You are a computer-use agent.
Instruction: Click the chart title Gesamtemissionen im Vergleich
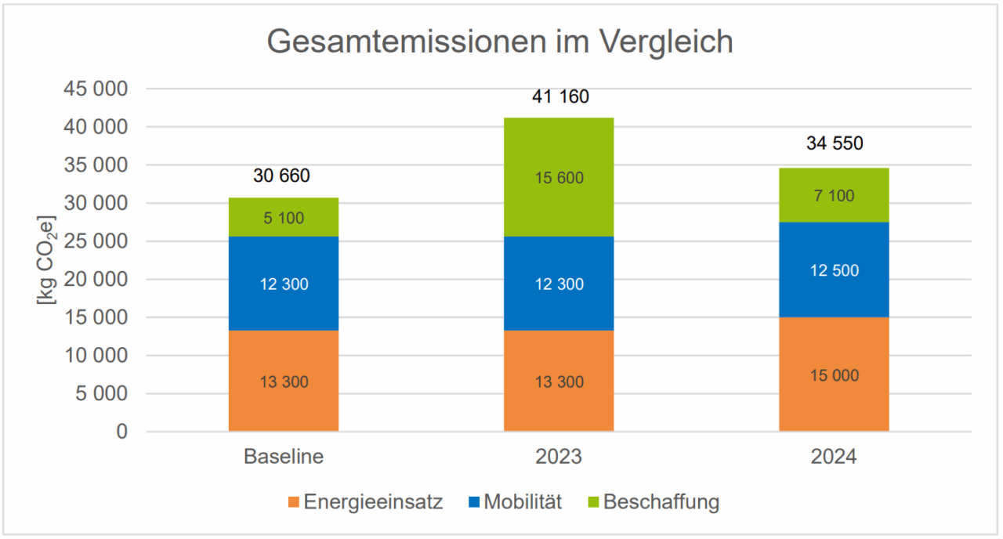coord(500,42)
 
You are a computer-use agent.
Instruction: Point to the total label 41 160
coord(559,97)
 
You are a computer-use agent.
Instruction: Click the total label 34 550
coord(835,143)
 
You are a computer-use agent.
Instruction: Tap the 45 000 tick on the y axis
coord(94,89)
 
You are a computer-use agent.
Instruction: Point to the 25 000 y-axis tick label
coord(94,241)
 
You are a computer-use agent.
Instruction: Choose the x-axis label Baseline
coord(283,457)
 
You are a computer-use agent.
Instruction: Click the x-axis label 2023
coord(559,457)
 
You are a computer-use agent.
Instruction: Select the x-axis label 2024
coord(834,457)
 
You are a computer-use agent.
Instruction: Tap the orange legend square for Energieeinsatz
coord(293,502)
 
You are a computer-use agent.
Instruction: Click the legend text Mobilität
coord(523,502)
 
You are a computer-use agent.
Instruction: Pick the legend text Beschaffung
coord(661,502)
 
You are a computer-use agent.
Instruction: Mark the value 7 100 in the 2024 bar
coord(834,196)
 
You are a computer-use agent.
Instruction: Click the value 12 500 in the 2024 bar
coord(834,271)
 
